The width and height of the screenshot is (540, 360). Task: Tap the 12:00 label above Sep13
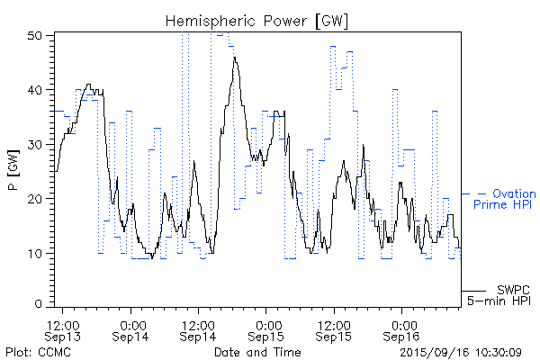pyautogui.click(x=63, y=322)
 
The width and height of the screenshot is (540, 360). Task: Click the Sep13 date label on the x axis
pyautogui.click(x=63, y=335)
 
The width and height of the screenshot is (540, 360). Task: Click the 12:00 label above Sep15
pyautogui.click(x=334, y=322)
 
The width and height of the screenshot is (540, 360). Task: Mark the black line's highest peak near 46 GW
pyautogui.click(x=235, y=58)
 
